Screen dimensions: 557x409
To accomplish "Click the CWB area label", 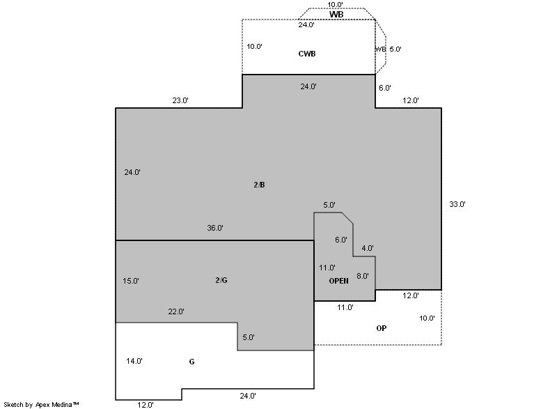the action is tap(307, 54).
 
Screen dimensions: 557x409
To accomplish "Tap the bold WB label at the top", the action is tap(336, 15).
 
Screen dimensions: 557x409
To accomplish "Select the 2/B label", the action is tap(259, 185).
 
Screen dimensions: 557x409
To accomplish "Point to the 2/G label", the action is tap(221, 280).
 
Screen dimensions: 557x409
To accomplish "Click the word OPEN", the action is tap(338, 281).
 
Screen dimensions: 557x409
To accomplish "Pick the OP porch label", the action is tap(381, 328).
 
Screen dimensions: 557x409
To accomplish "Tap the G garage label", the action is tap(192, 362).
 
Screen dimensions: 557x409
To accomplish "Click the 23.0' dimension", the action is tap(180, 100).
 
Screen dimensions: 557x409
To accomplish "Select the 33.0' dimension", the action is tap(457, 204).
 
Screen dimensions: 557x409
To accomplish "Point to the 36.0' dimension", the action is tap(215, 228).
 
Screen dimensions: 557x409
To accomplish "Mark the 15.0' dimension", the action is tap(131, 281).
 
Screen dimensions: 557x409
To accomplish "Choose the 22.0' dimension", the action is tap(176, 311).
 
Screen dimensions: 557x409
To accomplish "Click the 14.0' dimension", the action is tap(134, 361).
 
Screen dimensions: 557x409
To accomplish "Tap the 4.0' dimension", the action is tap(368, 248).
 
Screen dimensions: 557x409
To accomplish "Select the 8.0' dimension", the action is tap(363, 276).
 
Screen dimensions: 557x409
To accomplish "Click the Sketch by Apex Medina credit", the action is tap(41, 404).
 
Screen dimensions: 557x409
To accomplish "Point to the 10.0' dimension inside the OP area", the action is tap(427, 318).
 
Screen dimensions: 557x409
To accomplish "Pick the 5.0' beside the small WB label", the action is tap(395, 49).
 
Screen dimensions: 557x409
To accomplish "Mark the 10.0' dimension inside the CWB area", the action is tap(254, 46).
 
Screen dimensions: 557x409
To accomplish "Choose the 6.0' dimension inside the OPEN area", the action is tap(341, 240).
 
